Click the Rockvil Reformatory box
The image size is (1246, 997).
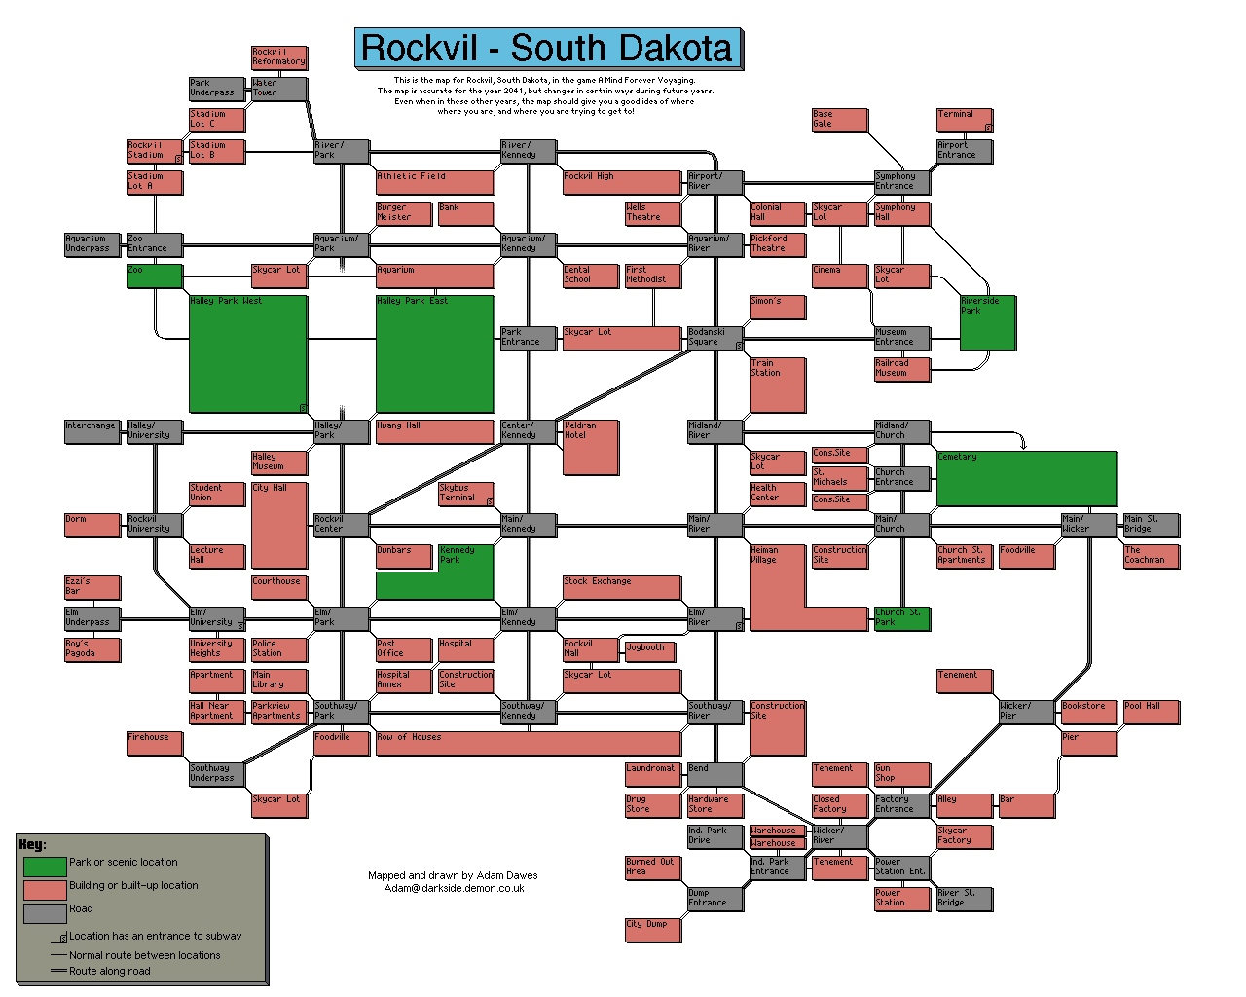click(x=278, y=57)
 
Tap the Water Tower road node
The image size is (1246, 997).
click(x=278, y=89)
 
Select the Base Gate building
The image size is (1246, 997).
click(x=839, y=120)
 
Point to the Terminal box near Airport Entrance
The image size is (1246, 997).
click(x=964, y=120)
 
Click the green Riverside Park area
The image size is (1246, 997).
click(x=987, y=322)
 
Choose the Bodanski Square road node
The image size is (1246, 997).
click(x=715, y=338)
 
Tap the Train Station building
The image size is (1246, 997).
click(x=777, y=385)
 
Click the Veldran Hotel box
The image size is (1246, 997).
click(x=590, y=447)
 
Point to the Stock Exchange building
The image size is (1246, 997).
click(x=621, y=587)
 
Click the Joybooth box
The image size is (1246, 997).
click(x=652, y=649)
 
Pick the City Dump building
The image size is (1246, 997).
click(x=652, y=930)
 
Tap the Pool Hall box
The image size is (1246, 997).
click(x=1151, y=712)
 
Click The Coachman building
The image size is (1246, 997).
click(x=1151, y=556)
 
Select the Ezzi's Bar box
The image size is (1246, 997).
click(x=92, y=587)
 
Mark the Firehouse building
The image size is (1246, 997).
click(x=154, y=743)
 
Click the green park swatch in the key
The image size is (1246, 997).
click(x=45, y=866)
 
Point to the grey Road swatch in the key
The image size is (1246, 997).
click(x=45, y=912)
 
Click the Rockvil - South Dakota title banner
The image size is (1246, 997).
click(x=547, y=48)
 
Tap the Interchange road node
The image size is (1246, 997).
click(x=92, y=431)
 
